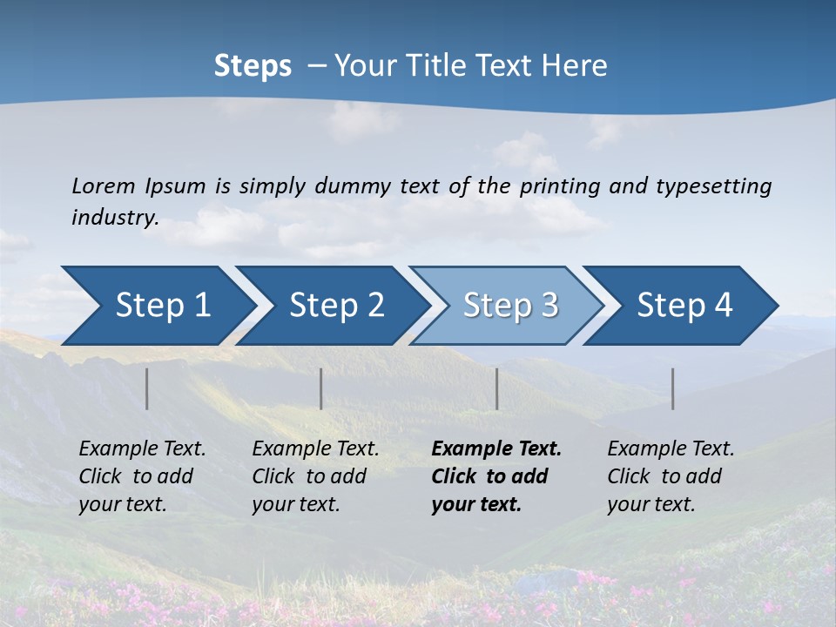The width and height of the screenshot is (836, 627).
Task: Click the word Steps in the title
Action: coord(253,66)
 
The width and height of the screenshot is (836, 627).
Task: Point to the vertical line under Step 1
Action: coord(147,388)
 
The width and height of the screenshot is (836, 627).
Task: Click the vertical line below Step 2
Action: coord(321,388)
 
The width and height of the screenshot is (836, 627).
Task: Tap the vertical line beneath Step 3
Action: coord(497,388)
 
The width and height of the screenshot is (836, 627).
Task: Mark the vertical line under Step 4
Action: coord(673,388)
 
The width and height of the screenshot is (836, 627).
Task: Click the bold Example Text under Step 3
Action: coord(496,449)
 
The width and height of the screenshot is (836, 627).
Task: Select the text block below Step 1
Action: coord(142,476)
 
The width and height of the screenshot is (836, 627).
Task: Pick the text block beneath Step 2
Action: coord(315,476)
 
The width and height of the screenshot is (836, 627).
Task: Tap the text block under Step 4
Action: coord(671,476)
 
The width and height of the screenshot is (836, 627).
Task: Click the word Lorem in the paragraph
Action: coord(103,185)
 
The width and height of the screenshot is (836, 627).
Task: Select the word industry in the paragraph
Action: coord(114,218)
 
